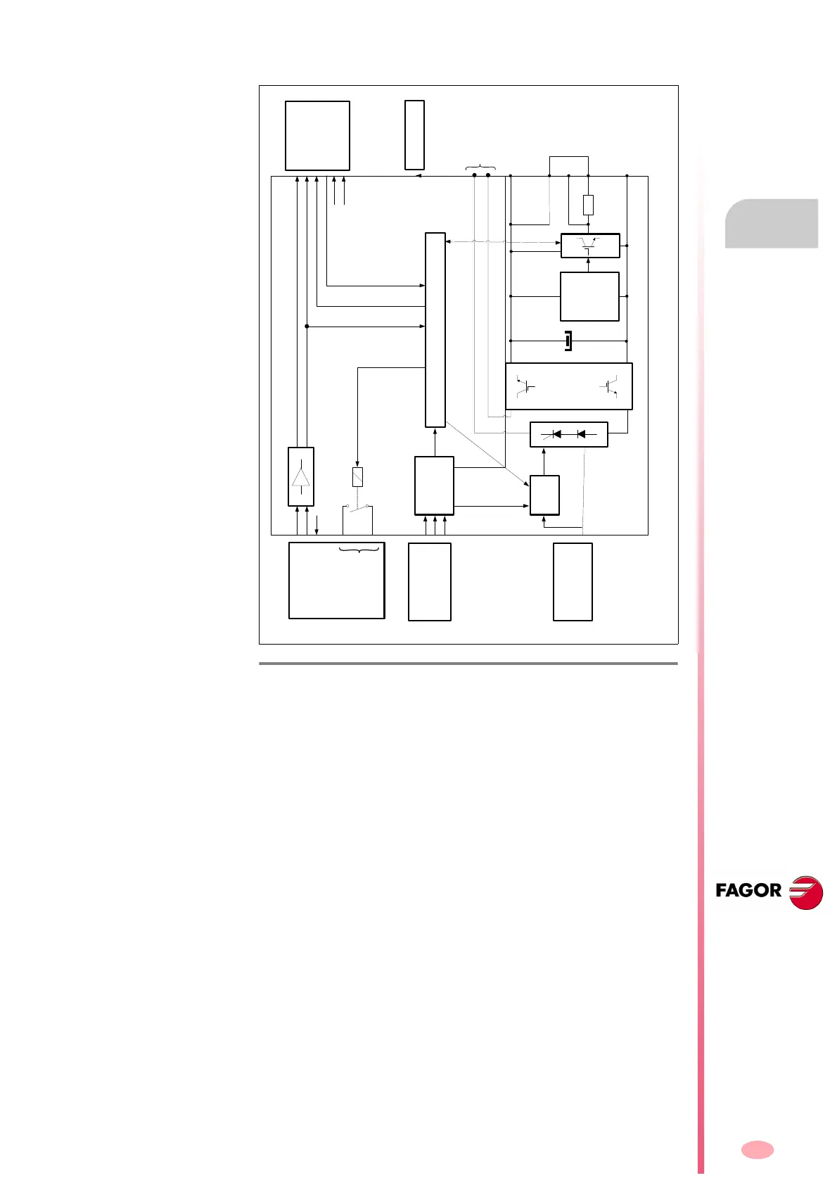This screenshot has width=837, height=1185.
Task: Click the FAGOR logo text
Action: point(748,891)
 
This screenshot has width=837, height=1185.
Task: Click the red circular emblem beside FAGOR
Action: point(806,893)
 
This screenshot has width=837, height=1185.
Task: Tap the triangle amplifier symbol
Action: point(301,476)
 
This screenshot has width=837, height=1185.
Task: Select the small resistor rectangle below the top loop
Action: point(589,205)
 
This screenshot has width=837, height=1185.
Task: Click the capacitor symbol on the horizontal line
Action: point(568,341)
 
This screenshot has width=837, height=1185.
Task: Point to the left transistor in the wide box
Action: point(525,386)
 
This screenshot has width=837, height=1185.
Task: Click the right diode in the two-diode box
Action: point(580,434)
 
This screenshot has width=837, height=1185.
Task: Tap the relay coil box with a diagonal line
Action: point(357,477)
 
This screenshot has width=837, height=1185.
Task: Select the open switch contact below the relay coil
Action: point(358,506)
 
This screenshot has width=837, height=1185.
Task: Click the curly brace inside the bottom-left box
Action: point(359,550)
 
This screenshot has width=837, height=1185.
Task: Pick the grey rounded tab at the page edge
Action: point(772,224)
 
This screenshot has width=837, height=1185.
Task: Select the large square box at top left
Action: point(317,136)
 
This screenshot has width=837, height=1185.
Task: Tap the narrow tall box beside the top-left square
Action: point(414,135)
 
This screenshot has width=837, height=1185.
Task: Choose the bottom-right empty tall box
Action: point(573,581)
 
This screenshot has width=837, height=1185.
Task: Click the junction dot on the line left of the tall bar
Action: point(307,327)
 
